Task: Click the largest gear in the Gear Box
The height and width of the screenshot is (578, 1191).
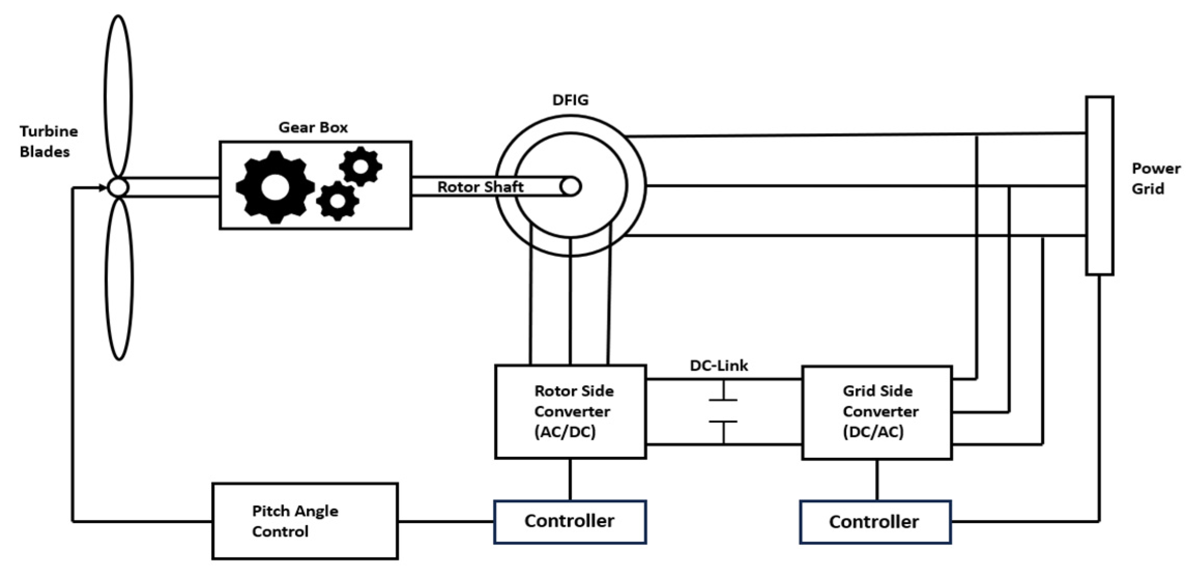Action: (x=274, y=187)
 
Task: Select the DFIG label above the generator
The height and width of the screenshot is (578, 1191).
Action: (x=570, y=99)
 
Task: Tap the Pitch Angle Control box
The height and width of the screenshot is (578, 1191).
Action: (x=304, y=521)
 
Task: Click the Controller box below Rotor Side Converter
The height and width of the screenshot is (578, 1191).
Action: (x=570, y=522)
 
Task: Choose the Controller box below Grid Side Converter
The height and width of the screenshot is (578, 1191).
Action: (x=875, y=522)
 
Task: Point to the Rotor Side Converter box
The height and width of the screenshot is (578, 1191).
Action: (x=570, y=412)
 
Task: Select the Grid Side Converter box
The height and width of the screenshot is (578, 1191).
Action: (x=877, y=412)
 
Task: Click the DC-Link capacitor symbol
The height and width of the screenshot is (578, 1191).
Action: (x=723, y=411)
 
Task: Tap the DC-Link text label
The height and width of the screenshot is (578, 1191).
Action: (x=719, y=366)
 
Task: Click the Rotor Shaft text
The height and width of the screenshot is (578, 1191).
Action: (x=480, y=187)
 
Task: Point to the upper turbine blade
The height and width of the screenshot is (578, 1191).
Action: (x=118, y=96)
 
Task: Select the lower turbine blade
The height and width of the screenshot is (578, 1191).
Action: (x=119, y=280)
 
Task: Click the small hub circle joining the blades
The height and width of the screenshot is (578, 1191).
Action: (x=118, y=187)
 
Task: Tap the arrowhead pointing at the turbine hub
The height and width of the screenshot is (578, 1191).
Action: (x=103, y=187)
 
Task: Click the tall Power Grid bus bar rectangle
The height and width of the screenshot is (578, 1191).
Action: (x=1099, y=185)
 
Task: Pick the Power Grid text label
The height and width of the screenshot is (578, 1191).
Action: (x=1155, y=179)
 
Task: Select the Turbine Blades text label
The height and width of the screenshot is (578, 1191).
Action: (x=48, y=141)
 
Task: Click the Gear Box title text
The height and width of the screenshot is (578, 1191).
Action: (x=313, y=127)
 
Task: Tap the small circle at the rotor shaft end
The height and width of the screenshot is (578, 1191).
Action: (x=571, y=186)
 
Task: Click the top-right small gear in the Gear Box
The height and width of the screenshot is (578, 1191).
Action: (x=361, y=166)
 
